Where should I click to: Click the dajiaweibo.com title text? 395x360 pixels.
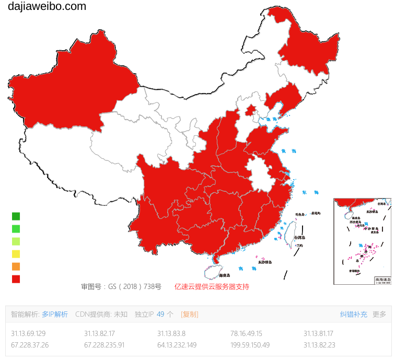click(x=47, y=7)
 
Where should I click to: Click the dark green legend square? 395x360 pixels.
click(x=16, y=216)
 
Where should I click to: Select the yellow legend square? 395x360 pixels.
click(x=16, y=254)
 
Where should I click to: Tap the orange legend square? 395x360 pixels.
click(x=16, y=266)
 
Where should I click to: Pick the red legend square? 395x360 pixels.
click(x=16, y=279)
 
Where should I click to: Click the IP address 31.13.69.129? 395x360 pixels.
click(x=28, y=333)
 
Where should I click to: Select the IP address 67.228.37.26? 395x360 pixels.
click(x=30, y=345)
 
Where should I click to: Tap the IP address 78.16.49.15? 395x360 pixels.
click(x=246, y=333)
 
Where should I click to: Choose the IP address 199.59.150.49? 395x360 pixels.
click(x=250, y=345)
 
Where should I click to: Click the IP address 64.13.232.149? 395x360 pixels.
click(x=177, y=345)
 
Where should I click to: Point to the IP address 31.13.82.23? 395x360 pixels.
click(x=319, y=345)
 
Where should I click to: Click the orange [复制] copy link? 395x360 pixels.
click(x=190, y=314)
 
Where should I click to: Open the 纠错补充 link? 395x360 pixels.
click(x=354, y=314)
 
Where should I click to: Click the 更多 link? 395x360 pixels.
click(x=379, y=314)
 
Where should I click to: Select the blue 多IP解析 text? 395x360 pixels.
click(x=55, y=314)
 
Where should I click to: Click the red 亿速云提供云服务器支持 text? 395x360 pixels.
click(x=212, y=286)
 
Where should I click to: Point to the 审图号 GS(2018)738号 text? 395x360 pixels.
click(x=121, y=286)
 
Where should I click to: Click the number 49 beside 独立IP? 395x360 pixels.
click(x=160, y=314)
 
